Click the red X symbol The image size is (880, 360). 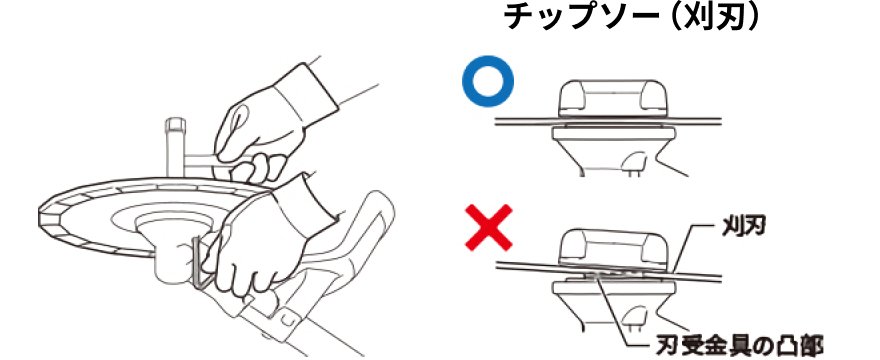[489, 227]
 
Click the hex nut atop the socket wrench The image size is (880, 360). [174, 124]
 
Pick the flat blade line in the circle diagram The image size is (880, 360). [608, 120]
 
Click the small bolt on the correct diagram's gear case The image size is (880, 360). [634, 166]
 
